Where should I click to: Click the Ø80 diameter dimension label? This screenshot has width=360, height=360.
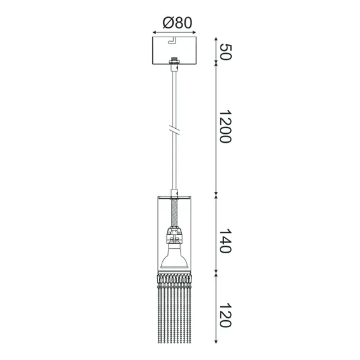[177, 23]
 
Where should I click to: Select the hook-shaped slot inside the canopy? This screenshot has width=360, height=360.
[172, 43]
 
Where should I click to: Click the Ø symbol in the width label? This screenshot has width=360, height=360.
[167, 23]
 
